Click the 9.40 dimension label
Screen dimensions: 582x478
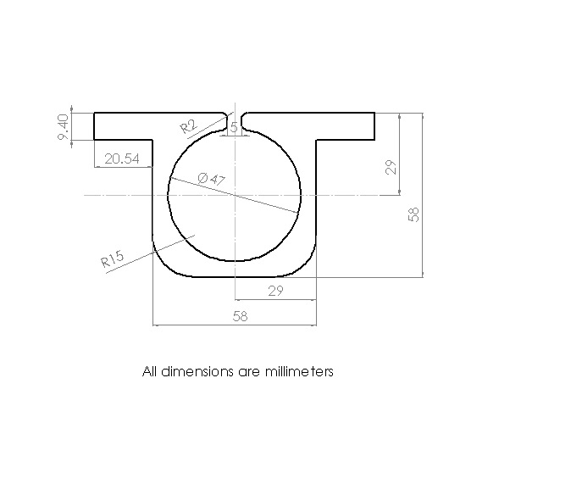(x=63, y=127)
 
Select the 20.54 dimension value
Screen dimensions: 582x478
(x=122, y=158)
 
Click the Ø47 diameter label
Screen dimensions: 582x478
(x=212, y=179)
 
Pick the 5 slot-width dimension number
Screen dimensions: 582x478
(x=234, y=127)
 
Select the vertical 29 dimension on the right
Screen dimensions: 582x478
(x=391, y=167)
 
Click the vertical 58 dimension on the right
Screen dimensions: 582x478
(x=413, y=214)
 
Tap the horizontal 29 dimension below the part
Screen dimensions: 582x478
(x=275, y=291)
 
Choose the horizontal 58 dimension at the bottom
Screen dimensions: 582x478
(x=240, y=316)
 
